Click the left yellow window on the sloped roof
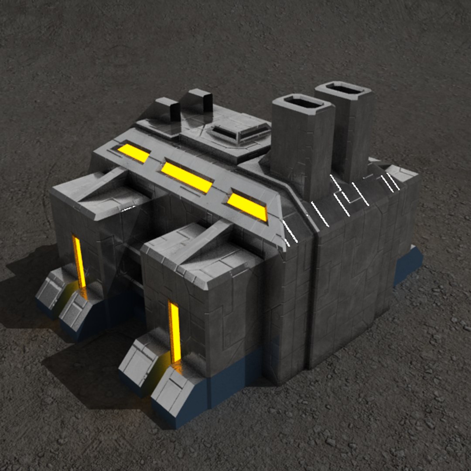[133, 153]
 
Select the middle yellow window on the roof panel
[187, 177]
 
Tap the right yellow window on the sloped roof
[247, 206]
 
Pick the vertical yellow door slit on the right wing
[174, 331]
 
